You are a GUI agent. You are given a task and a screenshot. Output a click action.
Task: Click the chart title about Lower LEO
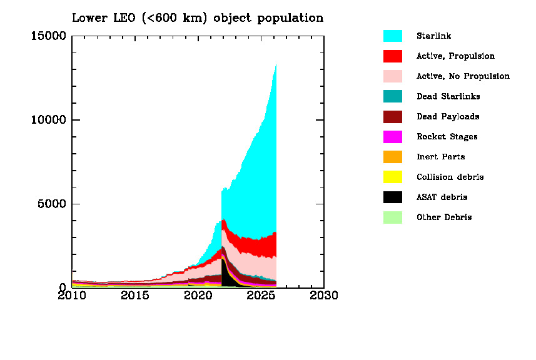point(198,17)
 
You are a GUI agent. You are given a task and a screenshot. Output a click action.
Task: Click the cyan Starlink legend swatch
point(392,36)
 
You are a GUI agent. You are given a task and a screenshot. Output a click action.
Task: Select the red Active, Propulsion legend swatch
point(392,56)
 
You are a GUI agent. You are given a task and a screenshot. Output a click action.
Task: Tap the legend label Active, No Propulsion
point(463,76)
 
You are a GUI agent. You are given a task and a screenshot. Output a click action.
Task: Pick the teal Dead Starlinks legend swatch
point(392,96)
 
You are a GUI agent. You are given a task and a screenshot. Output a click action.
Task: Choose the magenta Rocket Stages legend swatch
point(392,137)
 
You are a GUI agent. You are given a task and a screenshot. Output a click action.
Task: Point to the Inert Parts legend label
point(440,157)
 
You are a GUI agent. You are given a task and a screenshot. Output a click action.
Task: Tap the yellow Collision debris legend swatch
point(392,177)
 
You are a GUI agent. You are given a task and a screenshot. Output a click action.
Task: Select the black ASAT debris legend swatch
point(392,197)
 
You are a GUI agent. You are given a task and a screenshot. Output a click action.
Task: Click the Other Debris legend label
point(444,217)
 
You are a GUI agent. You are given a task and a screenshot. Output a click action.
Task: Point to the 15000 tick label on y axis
point(48,36)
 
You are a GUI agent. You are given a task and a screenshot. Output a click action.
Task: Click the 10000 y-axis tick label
point(48,120)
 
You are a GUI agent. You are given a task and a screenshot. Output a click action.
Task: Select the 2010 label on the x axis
point(72,295)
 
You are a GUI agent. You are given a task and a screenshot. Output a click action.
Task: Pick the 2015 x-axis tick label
point(135,295)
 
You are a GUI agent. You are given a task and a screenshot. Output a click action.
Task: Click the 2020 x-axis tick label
point(198,295)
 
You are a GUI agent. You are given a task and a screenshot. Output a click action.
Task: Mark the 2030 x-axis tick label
point(324,295)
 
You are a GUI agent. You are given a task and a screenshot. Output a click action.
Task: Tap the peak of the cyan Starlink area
point(275,66)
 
